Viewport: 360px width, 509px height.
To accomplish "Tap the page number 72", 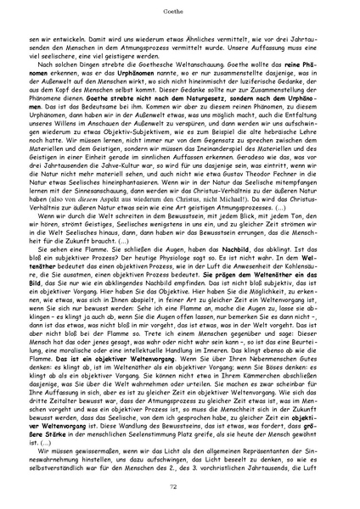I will click(180, 484).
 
